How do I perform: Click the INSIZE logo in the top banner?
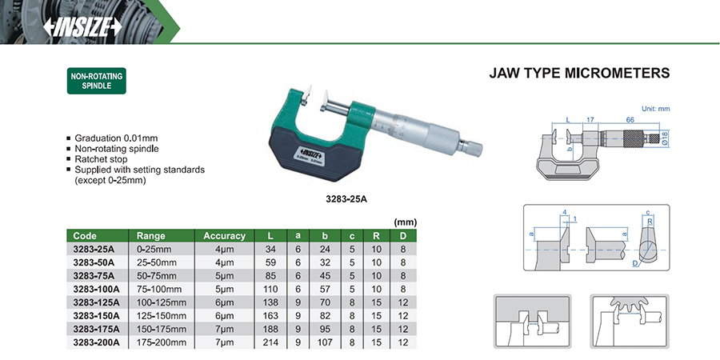(82, 27)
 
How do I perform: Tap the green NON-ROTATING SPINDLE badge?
(97, 81)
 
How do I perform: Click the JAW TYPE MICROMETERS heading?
(579, 73)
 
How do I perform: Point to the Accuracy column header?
(225, 236)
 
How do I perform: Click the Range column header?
(150, 236)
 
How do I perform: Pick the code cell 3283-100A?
(97, 290)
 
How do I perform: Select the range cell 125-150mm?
(162, 316)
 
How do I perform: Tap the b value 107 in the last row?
(325, 342)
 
